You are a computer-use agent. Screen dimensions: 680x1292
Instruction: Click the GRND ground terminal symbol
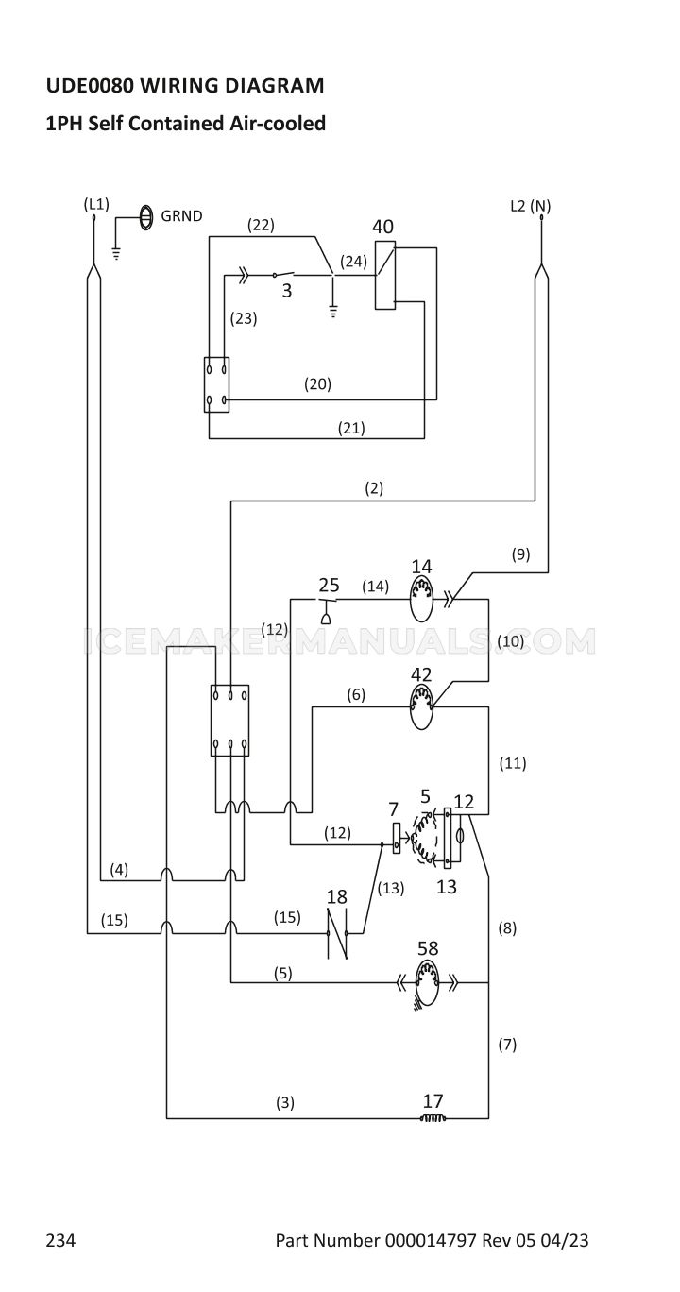click(146, 217)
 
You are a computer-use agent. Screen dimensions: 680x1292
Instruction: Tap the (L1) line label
click(96, 204)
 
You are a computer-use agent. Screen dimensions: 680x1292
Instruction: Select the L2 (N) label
click(530, 206)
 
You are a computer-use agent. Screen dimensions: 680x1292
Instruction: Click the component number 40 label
click(382, 227)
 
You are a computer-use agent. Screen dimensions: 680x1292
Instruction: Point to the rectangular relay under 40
click(384, 276)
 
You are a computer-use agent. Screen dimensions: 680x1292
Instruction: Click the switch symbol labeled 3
click(283, 275)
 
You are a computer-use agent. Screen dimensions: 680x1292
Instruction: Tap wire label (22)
click(261, 225)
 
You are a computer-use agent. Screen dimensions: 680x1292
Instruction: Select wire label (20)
click(317, 383)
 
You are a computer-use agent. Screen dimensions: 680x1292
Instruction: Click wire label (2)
click(374, 488)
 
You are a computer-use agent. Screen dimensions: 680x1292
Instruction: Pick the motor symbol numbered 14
click(421, 600)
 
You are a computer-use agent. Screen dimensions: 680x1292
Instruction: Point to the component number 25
click(329, 586)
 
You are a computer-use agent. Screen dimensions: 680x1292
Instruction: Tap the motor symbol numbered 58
click(427, 982)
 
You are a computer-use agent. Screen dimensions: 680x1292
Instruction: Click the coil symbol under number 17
click(433, 1118)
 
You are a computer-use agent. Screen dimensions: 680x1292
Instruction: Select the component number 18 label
click(337, 897)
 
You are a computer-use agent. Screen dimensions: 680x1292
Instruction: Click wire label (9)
click(520, 553)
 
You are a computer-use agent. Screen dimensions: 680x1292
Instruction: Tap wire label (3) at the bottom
click(285, 1102)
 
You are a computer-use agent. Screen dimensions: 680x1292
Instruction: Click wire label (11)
click(513, 763)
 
